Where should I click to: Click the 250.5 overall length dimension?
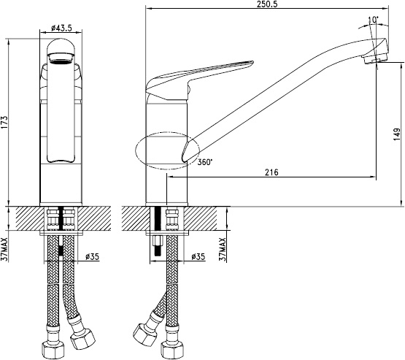pos(267,4)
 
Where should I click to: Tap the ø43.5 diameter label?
pos(61,28)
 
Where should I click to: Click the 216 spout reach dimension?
pos(271,172)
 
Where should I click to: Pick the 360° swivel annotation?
pos(205,162)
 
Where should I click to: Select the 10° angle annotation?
pos(373,20)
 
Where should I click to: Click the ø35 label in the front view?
pos(92,256)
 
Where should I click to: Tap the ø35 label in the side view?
pos(198,256)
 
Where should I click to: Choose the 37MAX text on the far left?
pos(5,250)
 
